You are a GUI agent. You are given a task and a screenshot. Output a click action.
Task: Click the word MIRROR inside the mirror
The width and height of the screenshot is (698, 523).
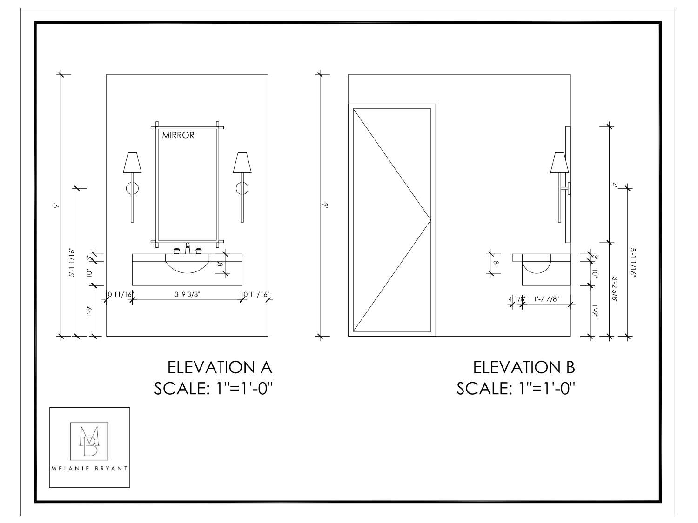click(x=178, y=136)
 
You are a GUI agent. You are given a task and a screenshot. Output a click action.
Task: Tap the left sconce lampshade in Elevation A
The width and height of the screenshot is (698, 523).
click(x=132, y=162)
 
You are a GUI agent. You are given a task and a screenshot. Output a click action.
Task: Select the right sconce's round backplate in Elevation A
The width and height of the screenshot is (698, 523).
click(x=242, y=188)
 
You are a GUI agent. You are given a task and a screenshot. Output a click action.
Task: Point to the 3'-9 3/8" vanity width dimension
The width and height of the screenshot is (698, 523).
click(x=187, y=294)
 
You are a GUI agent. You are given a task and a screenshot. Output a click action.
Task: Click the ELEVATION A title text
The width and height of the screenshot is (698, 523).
click(x=220, y=367)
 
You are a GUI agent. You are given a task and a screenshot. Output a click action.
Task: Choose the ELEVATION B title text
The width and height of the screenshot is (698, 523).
click(x=524, y=367)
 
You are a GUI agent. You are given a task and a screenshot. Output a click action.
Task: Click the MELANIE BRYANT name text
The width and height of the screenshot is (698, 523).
click(x=89, y=469)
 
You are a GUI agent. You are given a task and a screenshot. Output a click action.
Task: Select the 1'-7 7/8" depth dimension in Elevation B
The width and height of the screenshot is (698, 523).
click(x=546, y=299)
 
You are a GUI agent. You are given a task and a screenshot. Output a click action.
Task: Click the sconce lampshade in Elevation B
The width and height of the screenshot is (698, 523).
click(x=559, y=162)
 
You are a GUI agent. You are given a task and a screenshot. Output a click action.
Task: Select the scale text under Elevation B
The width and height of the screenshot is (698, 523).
click(x=516, y=388)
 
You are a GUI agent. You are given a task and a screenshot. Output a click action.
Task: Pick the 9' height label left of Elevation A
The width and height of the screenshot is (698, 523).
click(x=55, y=205)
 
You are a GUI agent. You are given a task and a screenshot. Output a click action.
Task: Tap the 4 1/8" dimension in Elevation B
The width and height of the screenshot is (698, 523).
click(x=517, y=299)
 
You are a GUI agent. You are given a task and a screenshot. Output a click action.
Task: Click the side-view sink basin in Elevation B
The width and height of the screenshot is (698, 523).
click(x=537, y=267)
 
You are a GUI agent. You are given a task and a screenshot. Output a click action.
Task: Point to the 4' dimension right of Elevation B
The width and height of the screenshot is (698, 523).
click(x=614, y=185)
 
